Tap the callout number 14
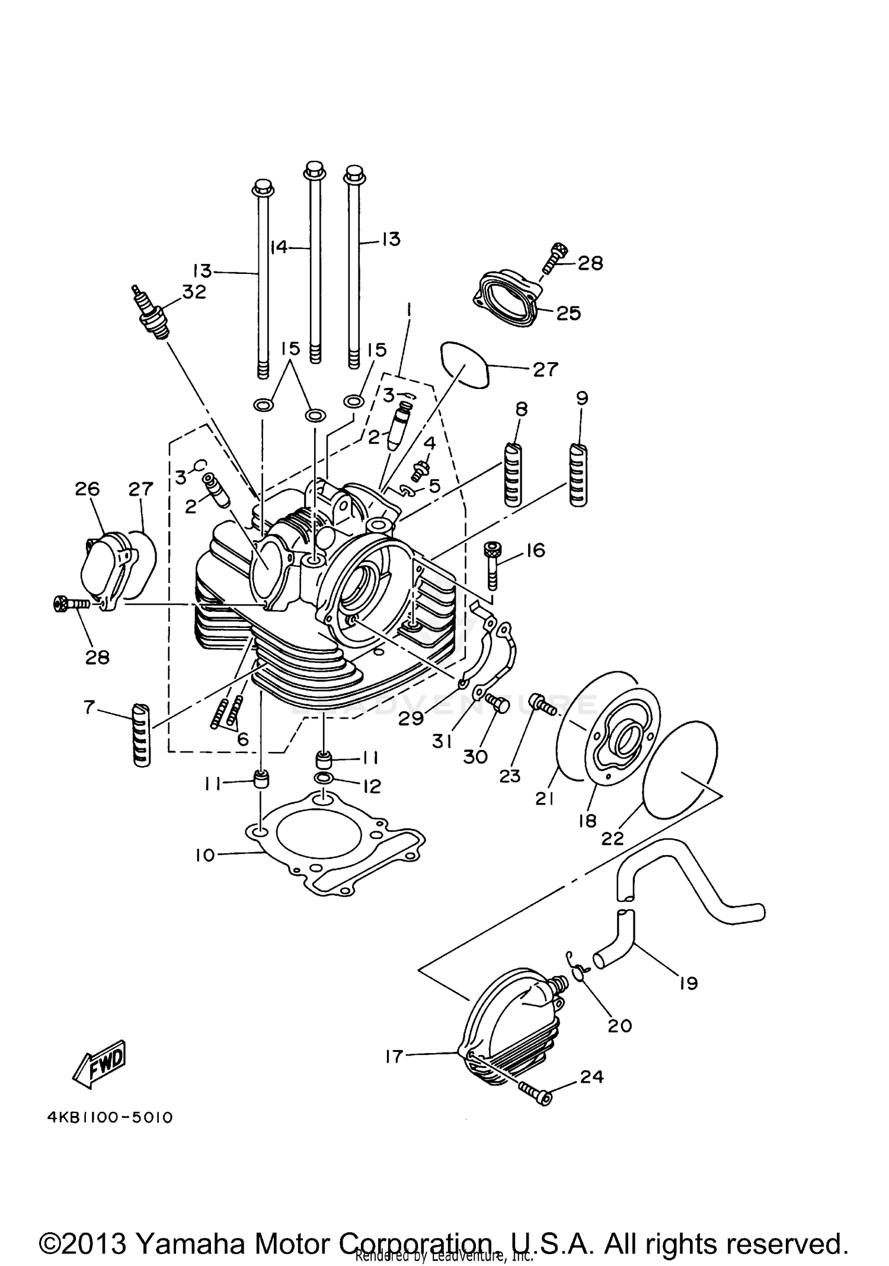pyautogui.click(x=279, y=247)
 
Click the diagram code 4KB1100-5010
pyautogui.click(x=110, y=1118)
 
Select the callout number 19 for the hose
pyautogui.click(x=688, y=983)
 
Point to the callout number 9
pyautogui.click(x=581, y=398)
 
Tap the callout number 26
pyautogui.click(x=87, y=489)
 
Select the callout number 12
pyautogui.click(x=372, y=786)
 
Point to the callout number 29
pyautogui.click(x=411, y=718)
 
